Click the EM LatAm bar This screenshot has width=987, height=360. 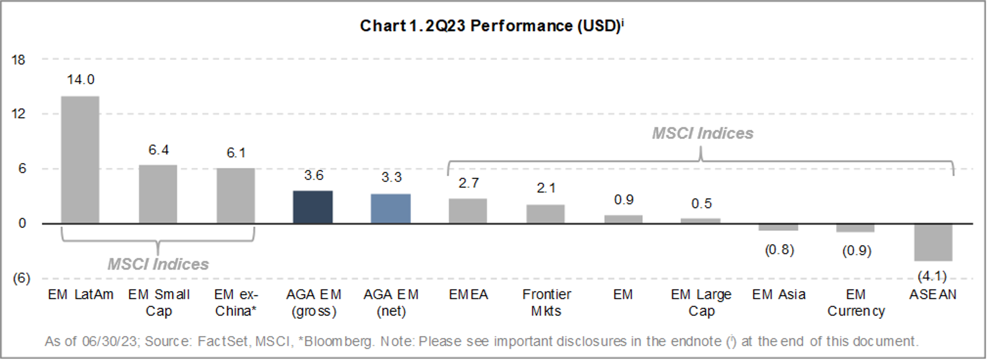click(x=80, y=160)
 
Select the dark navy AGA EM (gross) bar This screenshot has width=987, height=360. click(x=313, y=207)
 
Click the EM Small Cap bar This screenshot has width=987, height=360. click(x=158, y=194)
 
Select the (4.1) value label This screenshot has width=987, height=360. click(x=932, y=276)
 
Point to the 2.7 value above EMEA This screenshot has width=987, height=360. click(x=469, y=183)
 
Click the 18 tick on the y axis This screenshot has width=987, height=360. click(x=18, y=60)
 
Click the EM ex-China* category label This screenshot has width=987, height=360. click(x=236, y=303)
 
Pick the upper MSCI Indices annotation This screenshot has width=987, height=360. click(x=703, y=133)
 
